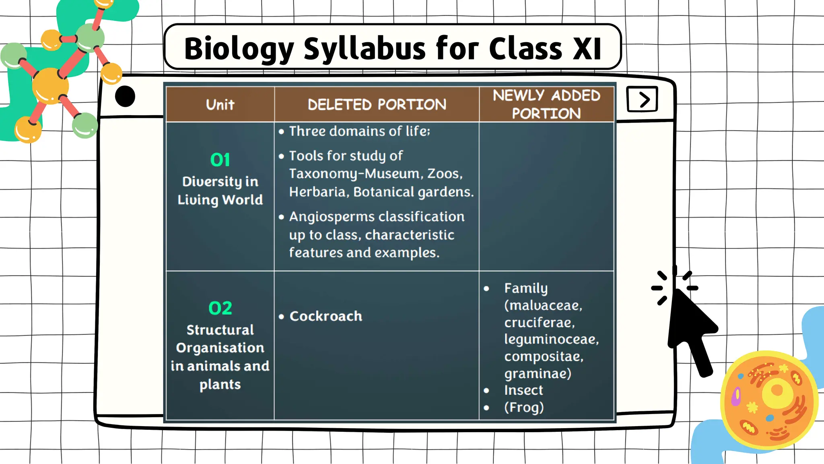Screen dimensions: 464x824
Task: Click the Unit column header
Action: (x=220, y=105)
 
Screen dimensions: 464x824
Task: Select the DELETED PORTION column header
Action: (x=377, y=105)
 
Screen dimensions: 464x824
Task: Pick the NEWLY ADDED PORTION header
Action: (x=546, y=104)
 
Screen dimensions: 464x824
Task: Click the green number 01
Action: (x=220, y=160)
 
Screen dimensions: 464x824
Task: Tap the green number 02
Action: (x=220, y=308)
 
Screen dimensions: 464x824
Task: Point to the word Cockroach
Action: (x=325, y=316)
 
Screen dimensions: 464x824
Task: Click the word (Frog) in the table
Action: (x=524, y=407)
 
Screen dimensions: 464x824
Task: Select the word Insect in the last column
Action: (x=523, y=390)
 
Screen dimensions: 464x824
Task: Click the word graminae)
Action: (x=538, y=373)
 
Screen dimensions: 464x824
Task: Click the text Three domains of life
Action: (x=359, y=131)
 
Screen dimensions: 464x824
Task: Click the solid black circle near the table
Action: (x=125, y=97)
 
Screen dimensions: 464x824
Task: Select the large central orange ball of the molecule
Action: (x=50, y=86)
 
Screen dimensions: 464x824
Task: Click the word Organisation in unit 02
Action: (x=220, y=348)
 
